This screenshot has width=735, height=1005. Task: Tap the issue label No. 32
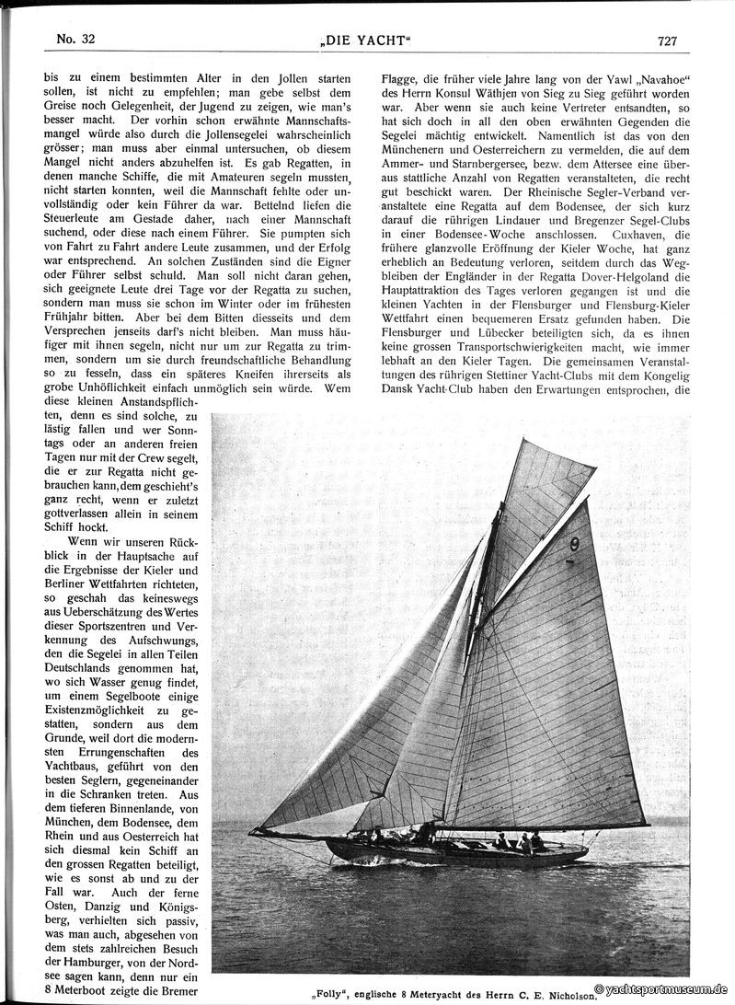75,39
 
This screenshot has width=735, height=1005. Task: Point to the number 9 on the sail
574,544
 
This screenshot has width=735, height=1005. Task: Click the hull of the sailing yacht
460,852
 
